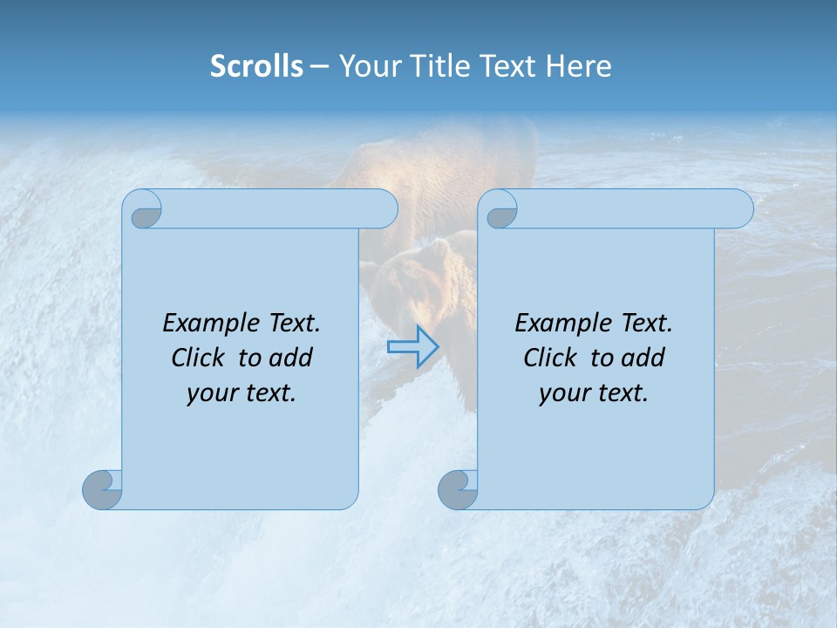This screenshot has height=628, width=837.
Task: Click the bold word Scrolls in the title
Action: pos(256,65)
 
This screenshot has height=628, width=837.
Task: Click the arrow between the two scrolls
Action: pos(412,347)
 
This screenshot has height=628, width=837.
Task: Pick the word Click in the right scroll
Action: pos(551,358)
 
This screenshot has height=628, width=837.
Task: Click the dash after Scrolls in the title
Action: pos(319,67)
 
